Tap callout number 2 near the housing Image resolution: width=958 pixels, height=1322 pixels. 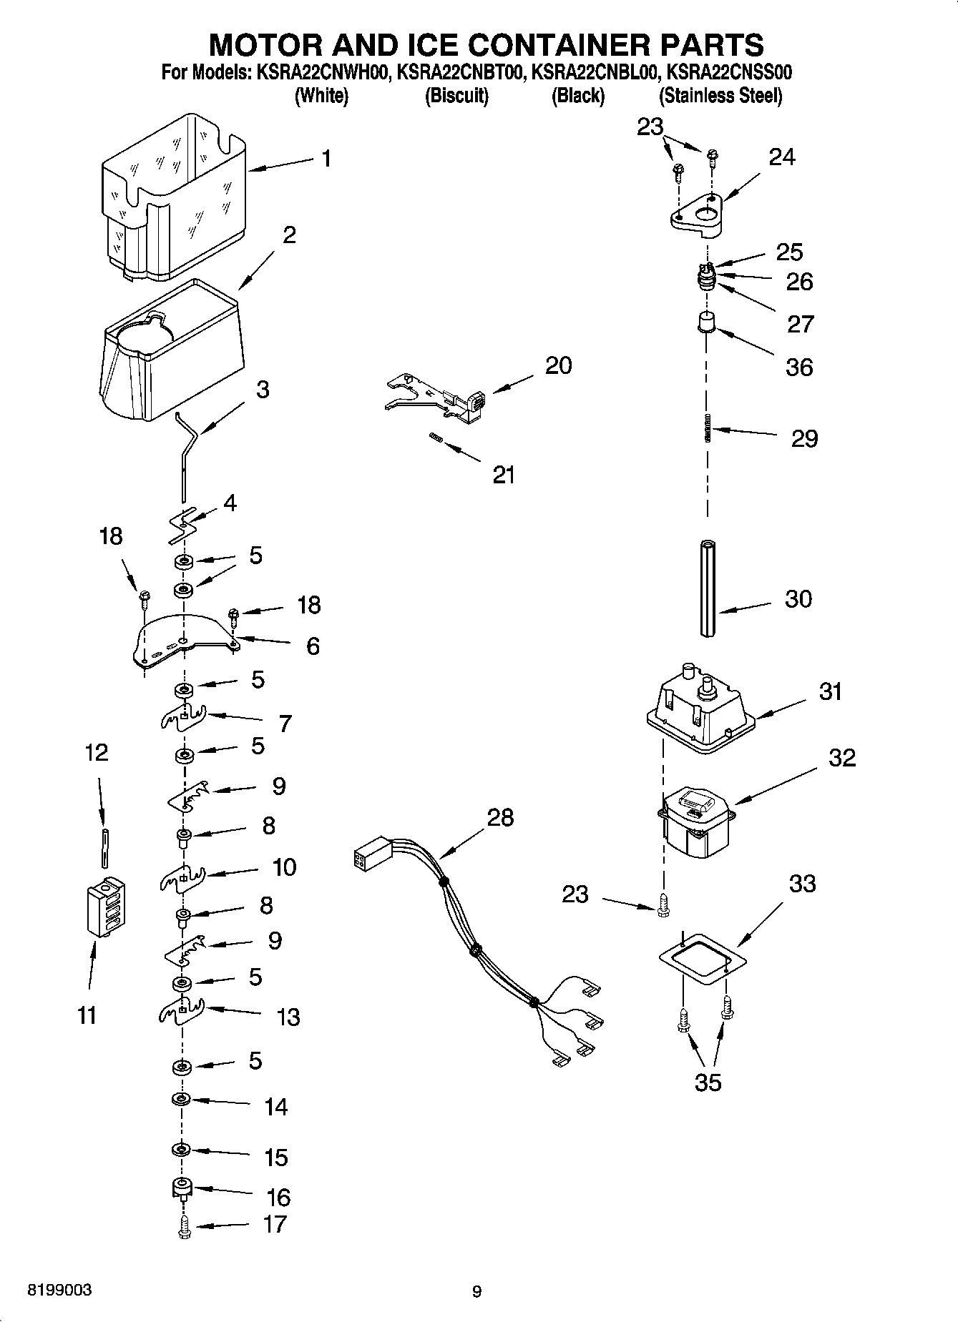coord(289,235)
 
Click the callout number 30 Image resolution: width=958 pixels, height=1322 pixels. coord(798,598)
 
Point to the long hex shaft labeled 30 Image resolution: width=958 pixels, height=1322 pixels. coord(708,587)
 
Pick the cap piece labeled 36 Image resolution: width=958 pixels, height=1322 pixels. coord(707,322)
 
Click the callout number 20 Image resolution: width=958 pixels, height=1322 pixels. coord(559,365)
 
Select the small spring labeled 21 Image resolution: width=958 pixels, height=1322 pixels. coord(435,438)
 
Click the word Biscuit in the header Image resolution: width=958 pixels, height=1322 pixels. coord(456,96)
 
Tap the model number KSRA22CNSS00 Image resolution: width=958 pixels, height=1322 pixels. coord(728,73)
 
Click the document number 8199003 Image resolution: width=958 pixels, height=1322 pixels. coord(59,1291)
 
